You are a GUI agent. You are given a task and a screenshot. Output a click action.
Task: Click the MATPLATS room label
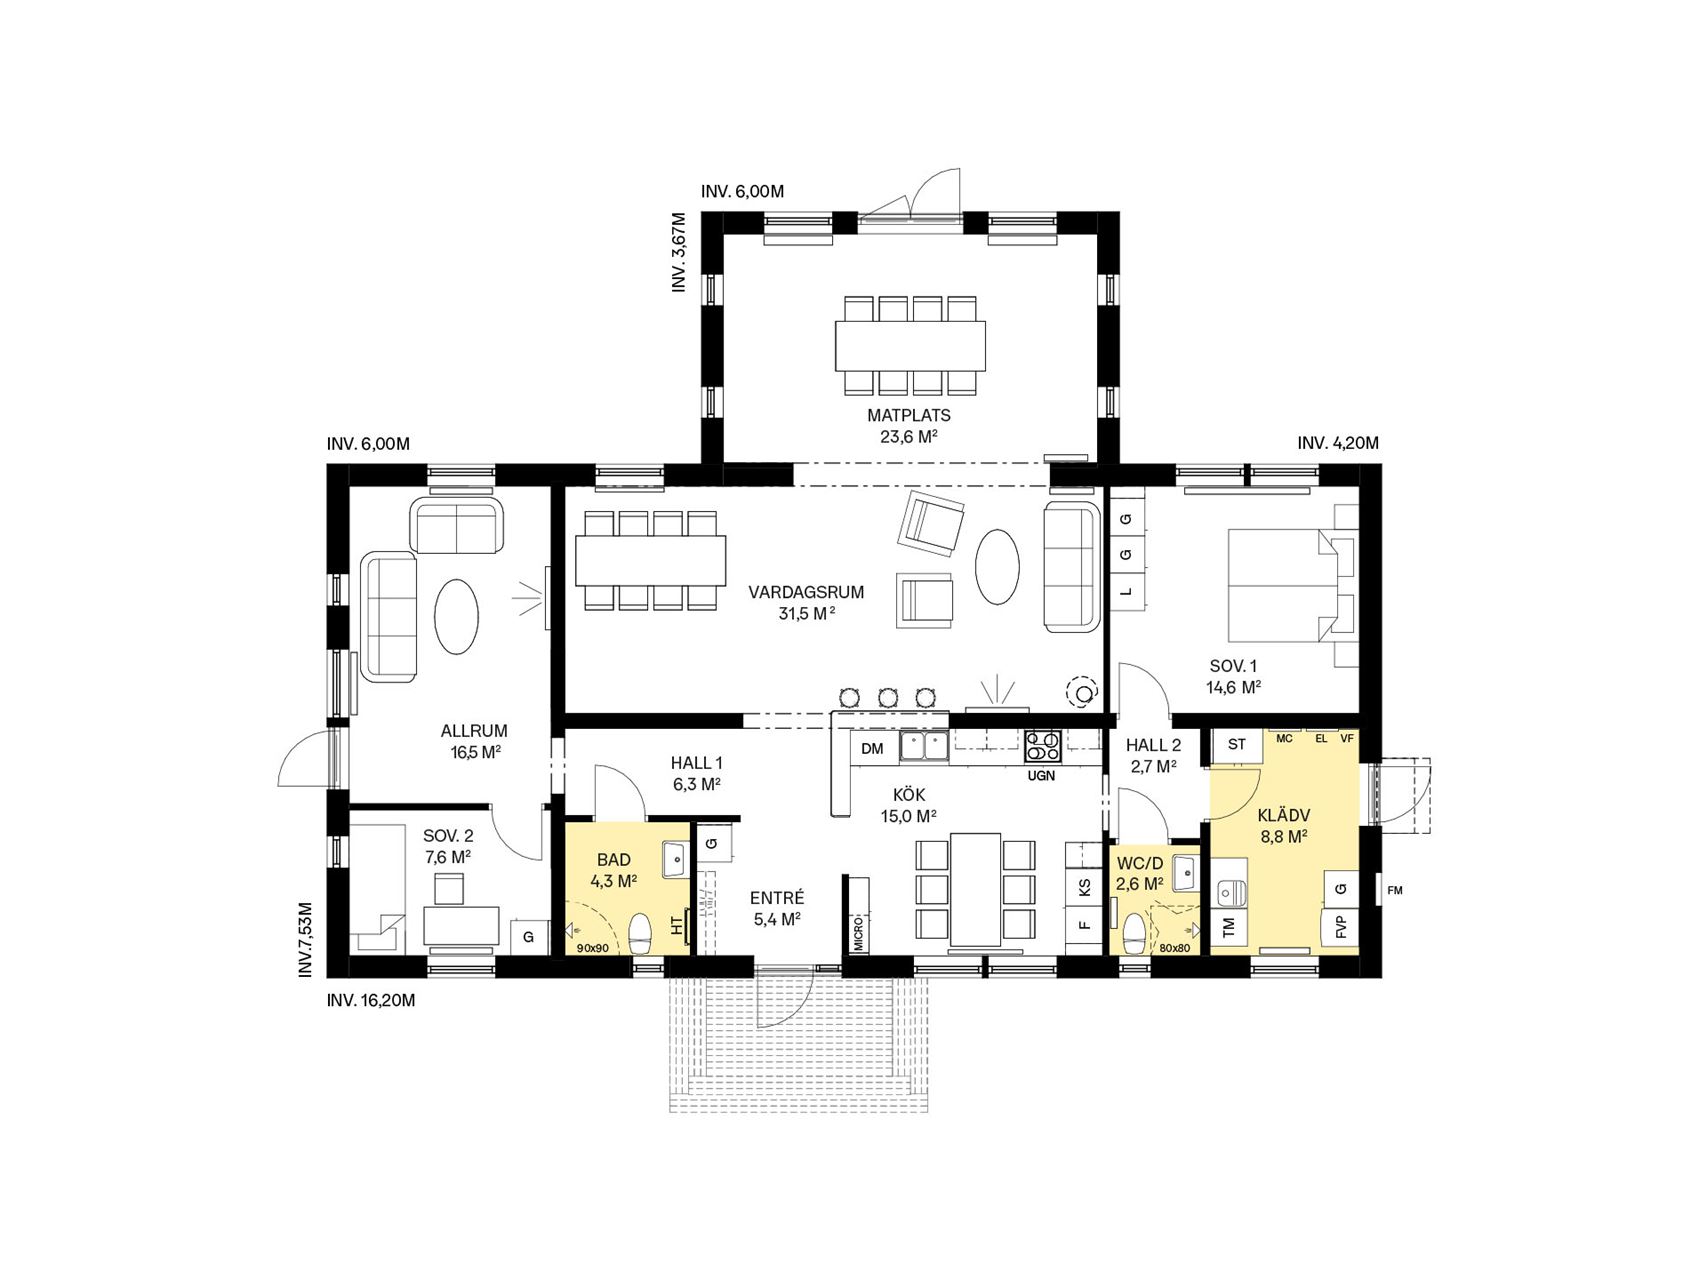[x=908, y=415]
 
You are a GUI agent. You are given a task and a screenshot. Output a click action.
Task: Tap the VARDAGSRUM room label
[x=806, y=592]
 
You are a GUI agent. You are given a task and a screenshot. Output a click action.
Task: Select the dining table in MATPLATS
[x=910, y=345]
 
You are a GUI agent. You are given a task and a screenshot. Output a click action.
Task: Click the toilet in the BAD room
[x=639, y=933]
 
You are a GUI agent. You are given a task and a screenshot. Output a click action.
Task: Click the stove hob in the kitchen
[x=1041, y=747]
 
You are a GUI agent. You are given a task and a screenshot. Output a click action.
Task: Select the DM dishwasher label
[x=872, y=748]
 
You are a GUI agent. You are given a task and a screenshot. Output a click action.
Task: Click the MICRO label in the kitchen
[x=858, y=929]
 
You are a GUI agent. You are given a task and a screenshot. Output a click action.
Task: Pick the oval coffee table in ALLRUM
[x=456, y=616]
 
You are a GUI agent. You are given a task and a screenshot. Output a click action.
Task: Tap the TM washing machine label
[x=1229, y=927]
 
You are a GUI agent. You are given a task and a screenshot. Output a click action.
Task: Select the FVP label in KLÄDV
[x=1341, y=926]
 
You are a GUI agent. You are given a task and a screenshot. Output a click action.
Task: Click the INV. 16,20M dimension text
[x=370, y=999]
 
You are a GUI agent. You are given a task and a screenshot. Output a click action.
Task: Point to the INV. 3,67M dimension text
[x=679, y=252]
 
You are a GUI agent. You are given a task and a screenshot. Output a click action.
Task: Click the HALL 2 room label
[x=1153, y=745]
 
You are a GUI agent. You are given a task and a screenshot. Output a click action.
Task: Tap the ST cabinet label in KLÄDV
[x=1237, y=744]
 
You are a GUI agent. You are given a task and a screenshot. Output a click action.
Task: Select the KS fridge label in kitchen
[x=1084, y=886]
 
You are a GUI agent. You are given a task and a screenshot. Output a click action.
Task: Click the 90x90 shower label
[x=593, y=947]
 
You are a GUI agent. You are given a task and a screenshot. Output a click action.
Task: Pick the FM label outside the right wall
[x=1395, y=890]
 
